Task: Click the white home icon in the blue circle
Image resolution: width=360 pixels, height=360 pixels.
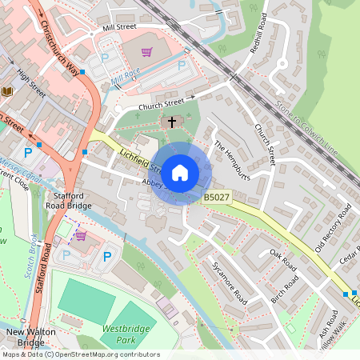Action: [180, 172]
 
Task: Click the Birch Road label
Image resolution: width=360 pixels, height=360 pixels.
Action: [284, 293]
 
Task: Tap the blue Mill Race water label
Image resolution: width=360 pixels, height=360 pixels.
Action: [126, 78]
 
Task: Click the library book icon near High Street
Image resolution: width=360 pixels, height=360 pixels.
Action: [8, 93]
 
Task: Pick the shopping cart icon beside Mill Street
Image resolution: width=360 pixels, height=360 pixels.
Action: [146, 53]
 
